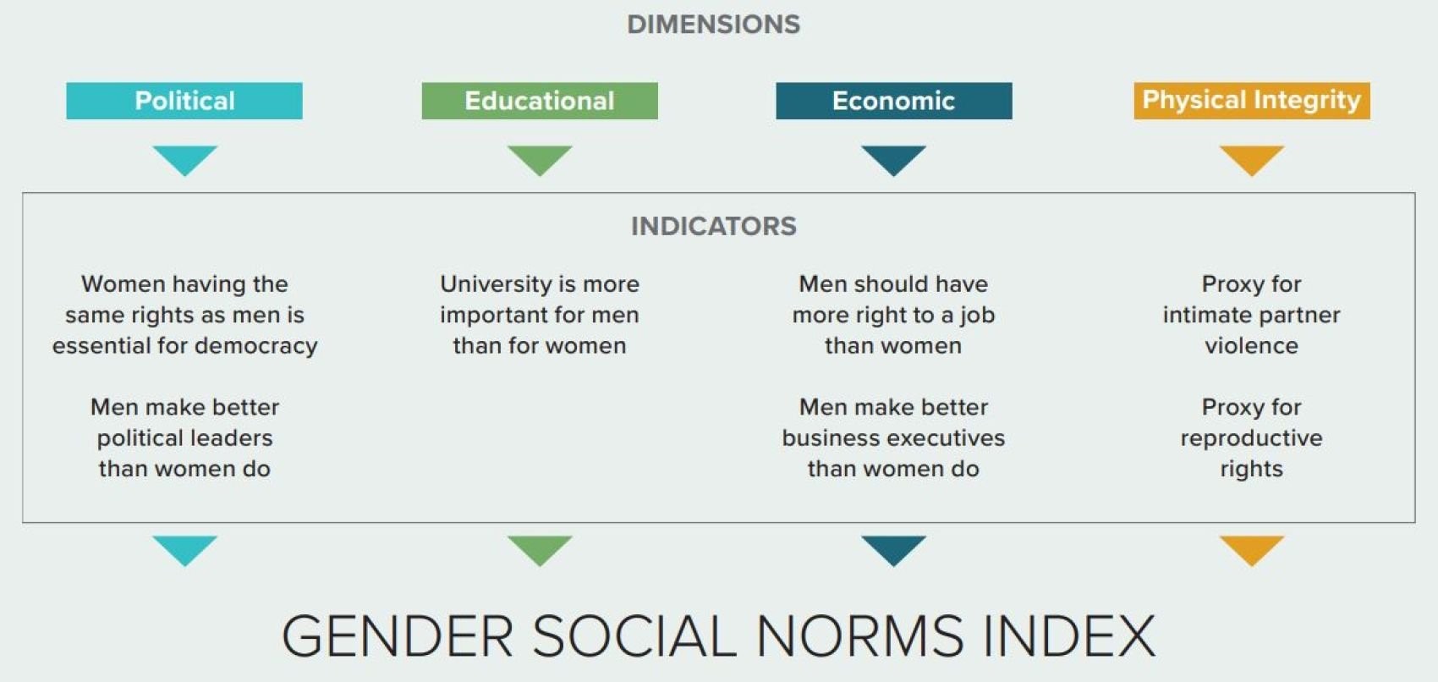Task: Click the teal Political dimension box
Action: [184, 101]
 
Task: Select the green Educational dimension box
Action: [540, 101]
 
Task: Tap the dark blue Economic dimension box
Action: [893, 101]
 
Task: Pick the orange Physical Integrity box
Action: [1251, 101]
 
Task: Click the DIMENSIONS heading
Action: [713, 25]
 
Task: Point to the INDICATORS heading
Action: [713, 226]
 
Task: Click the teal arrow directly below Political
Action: [184, 159]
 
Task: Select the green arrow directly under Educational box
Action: [540, 159]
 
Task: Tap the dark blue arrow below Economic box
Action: [893, 159]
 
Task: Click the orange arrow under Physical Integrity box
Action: [1251, 159]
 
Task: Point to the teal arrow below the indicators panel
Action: [184, 548]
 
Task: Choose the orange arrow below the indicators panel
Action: [1251, 548]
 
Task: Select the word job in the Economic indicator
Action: [977, 315]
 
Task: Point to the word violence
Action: [1251, 346]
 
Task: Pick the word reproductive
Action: [1251, 438]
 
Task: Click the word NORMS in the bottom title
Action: [859, 636]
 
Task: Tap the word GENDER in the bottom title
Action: [398, 636]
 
